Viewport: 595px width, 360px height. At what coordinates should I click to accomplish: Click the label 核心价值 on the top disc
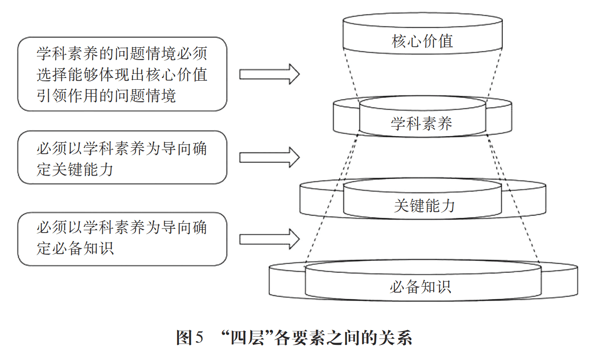[x=422, y=41]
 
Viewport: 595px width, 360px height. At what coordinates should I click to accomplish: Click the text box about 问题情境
[x=122, y=74]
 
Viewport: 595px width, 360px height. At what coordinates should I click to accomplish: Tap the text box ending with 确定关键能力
[x=122, y=157]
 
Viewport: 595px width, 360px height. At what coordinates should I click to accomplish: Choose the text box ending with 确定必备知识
[x=122, y=238]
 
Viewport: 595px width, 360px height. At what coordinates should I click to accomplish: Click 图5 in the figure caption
[x=189, y=338]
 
